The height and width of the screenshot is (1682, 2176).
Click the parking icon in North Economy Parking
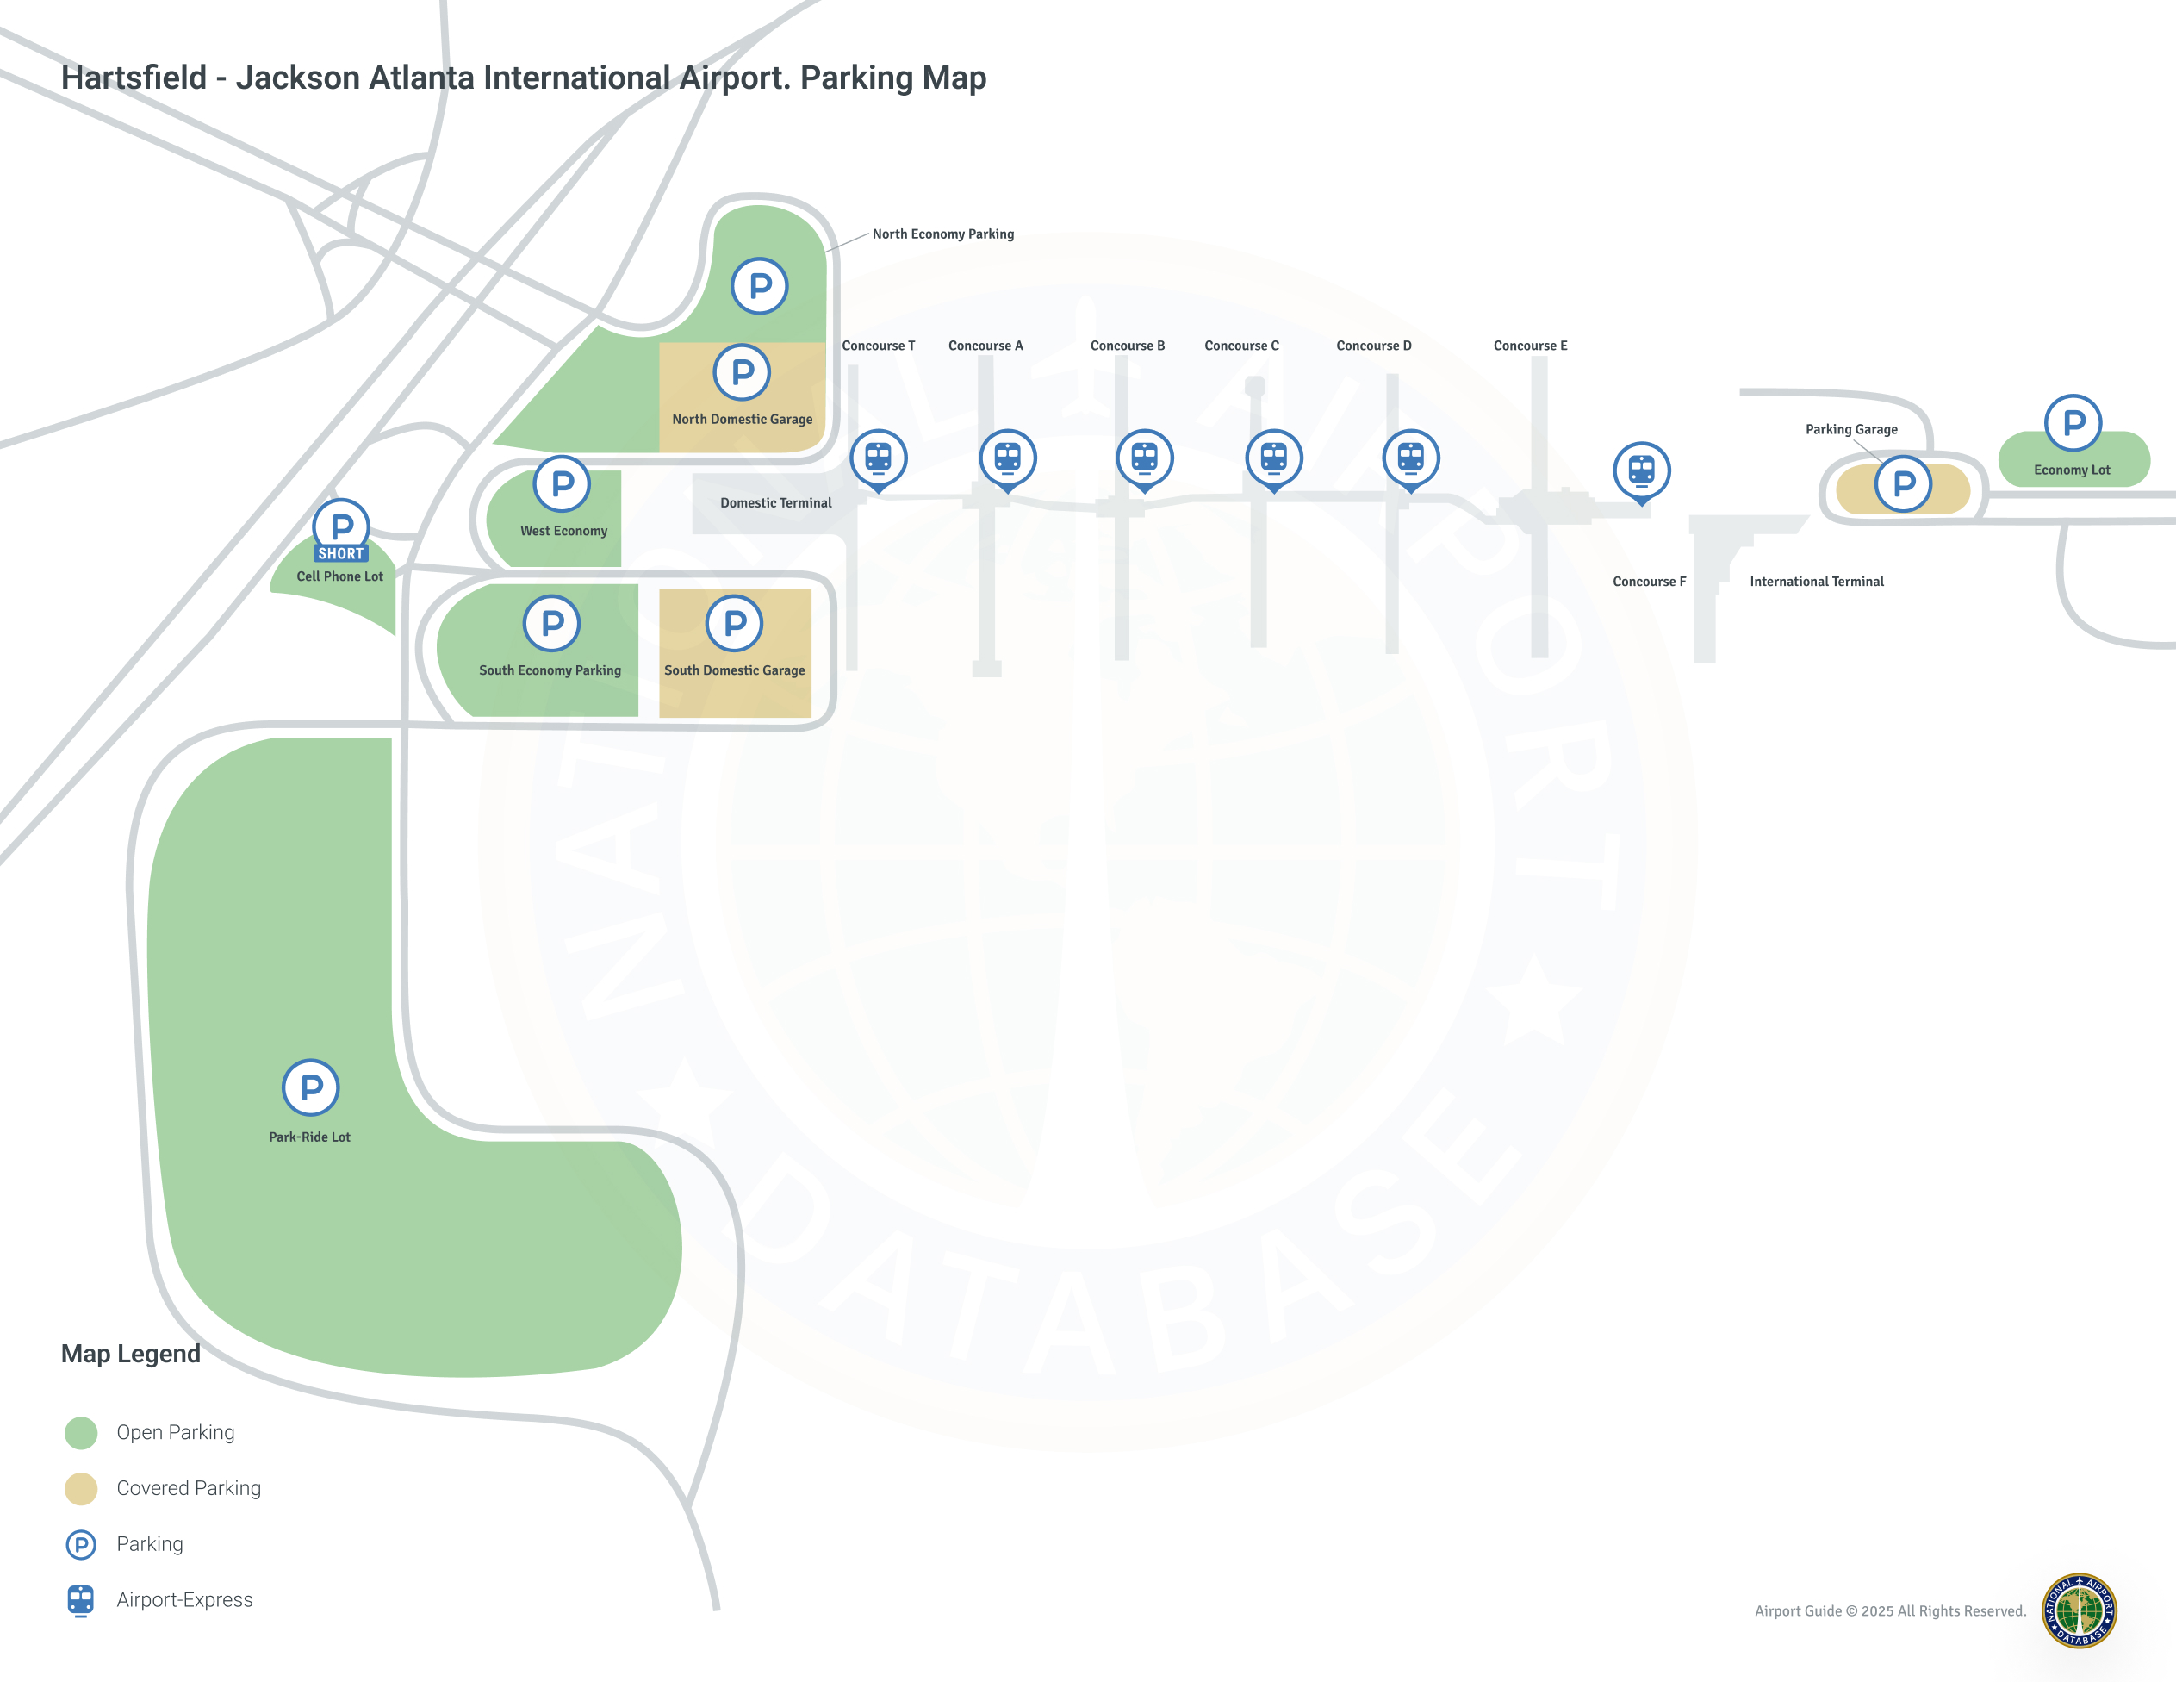(x=760, y=286)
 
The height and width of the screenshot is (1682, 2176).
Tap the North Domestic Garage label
(x=743, y=420)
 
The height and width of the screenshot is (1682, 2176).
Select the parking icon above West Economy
(x=562, y=483)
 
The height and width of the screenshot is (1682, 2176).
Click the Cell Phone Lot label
(x=339, y=576)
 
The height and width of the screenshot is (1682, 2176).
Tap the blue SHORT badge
(x=341, y=553)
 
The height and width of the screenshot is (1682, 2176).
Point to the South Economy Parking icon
(x=552, y=623)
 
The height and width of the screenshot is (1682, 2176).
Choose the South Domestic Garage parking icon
(x=734, y=623)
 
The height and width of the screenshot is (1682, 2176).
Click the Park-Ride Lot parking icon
(x=311, y=1087)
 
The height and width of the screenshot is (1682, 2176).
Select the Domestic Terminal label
(x=776, y=503)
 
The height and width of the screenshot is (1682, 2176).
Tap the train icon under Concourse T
(x=878, y=460)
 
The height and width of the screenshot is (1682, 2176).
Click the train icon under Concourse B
(x=1145, y=460)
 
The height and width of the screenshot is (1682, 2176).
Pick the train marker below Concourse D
(x=1411, y=460)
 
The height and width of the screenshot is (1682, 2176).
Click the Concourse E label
(x=1531, y=346)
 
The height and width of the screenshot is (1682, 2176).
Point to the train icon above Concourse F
(x=1642, y=472)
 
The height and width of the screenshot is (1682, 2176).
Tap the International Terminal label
(x=1816, y=582)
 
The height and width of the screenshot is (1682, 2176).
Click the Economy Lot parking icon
(x=2073, y=422)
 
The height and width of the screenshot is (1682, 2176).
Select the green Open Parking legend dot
(x=81, y=1433)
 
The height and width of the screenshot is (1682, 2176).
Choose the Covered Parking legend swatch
(x=81, y=1489)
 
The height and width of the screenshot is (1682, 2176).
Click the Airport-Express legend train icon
(x=81, y=1600)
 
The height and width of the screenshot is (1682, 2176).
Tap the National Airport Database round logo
(x=2080, y=1610)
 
